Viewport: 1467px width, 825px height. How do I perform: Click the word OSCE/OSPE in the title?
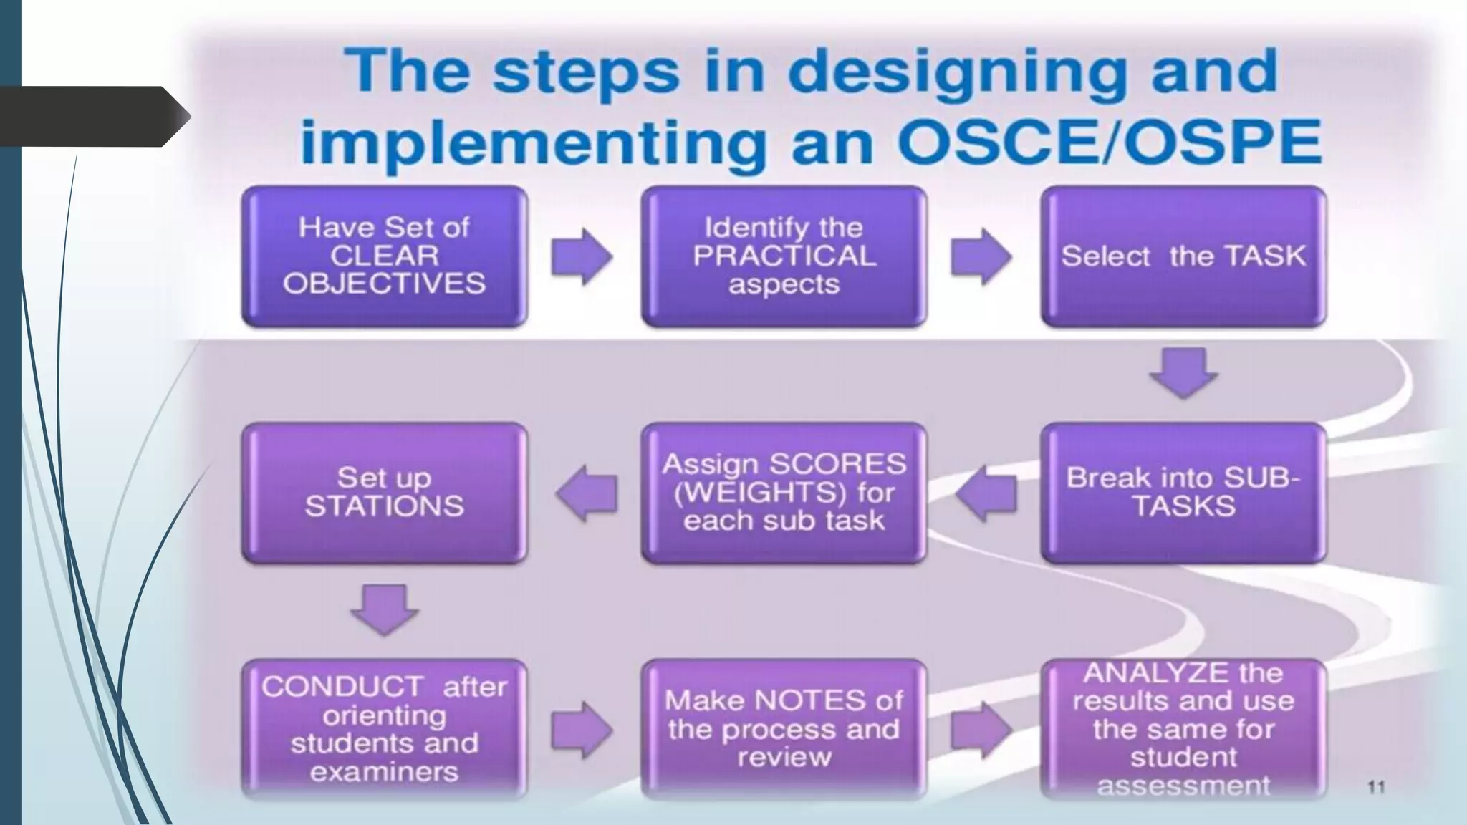[1109, 141]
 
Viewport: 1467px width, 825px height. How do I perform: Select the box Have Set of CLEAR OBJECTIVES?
[385, 256]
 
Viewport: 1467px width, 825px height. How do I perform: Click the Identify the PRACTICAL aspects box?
[784, 256]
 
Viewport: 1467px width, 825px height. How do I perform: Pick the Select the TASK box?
[1183, 256]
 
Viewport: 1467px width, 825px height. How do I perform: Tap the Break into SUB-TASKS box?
[1183, 493]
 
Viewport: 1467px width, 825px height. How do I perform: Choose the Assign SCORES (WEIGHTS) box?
[784, 493]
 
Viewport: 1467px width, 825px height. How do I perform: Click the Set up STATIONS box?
[385, 493]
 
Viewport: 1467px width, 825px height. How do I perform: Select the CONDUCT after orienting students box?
[385, 729]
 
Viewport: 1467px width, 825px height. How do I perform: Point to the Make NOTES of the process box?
[784, 729]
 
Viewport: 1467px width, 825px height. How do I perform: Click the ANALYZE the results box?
[1183, 729]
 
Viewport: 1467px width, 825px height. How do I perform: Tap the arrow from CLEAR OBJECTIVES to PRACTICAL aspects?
[582, 256]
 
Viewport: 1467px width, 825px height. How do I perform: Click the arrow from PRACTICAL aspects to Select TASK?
[981, 256]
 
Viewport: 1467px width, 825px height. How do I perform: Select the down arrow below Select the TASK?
[1183, 373]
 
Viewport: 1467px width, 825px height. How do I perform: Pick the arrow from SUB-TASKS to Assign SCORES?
[986, 493]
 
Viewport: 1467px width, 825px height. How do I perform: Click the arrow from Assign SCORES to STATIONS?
[587, 493]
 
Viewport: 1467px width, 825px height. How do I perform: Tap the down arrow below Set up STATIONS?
[385, 609]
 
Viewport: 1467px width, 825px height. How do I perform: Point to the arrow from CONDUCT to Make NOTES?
[582, 730]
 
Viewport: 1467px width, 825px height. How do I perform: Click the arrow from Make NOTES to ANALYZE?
[981, 730]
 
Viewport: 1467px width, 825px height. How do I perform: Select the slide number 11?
[1376, 787]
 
